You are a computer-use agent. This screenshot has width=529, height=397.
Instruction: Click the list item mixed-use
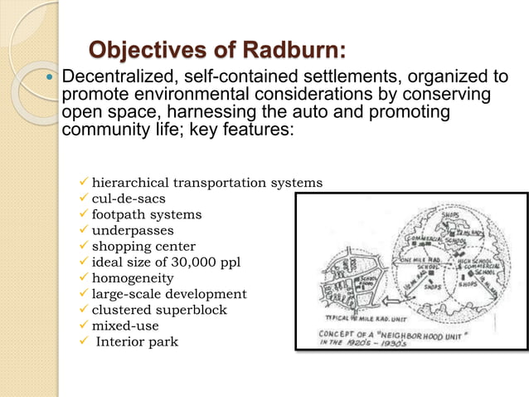click(125, 326)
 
